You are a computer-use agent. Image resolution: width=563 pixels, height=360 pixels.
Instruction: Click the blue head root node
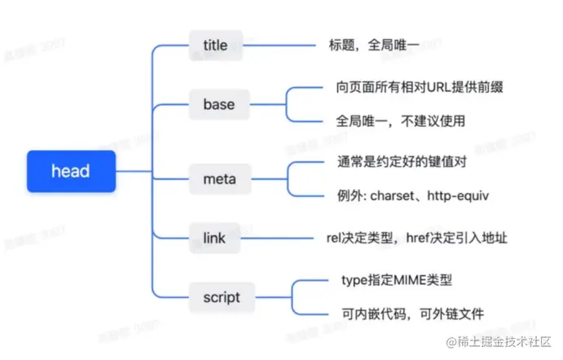[x=71, y=172]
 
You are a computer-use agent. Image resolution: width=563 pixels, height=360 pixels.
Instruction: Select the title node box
[x=215, y=46]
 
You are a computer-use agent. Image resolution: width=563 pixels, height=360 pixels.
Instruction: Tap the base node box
[x=218, y=104]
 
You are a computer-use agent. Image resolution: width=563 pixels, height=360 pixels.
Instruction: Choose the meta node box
[x=215, y=178]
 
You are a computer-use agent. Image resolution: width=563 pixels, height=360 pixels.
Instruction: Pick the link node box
[x=214, y=239]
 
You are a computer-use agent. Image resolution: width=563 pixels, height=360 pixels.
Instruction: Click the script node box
[x=221, y=297]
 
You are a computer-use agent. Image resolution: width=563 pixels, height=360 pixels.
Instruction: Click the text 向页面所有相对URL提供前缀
[x=415, y=86]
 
